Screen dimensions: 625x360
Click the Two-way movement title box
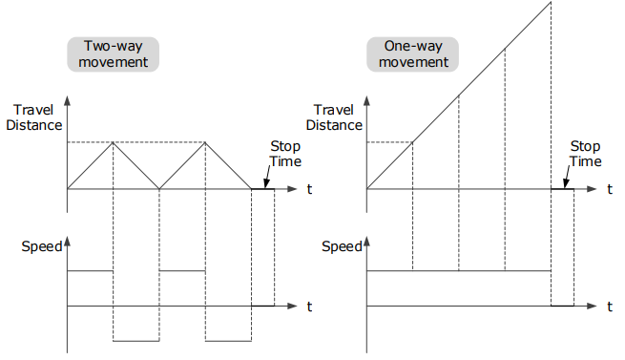click(x=114, y=54)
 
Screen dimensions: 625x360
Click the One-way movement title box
click(x=412, y=54)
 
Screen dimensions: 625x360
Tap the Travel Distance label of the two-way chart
click(x=34, y=117)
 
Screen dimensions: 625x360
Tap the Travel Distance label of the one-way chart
click(x=334, y=117)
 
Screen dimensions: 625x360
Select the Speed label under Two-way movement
click(x=41, y=246)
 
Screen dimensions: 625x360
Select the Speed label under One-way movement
click(x=342, y=246)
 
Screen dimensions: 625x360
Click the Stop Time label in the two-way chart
click(x=285, y=154)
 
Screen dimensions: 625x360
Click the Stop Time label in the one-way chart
click(x=585, y=154)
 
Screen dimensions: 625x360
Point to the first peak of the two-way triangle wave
click(x=114, y=142)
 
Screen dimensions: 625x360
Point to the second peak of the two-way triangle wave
click(x=205, y=142)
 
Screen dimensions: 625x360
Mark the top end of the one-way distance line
click(x=551, y=2)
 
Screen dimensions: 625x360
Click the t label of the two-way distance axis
click(x=309, y=189)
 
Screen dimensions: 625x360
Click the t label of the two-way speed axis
click(x=309, y=307)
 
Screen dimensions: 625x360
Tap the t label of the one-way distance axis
click(x=610, y=189)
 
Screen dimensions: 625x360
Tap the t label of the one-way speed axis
click(x=610, y=307)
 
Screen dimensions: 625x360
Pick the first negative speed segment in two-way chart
click(x=136, y=341)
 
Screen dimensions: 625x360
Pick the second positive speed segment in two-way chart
click(x=182, y=271)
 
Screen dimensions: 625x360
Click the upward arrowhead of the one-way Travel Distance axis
click(x=366, y=100)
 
